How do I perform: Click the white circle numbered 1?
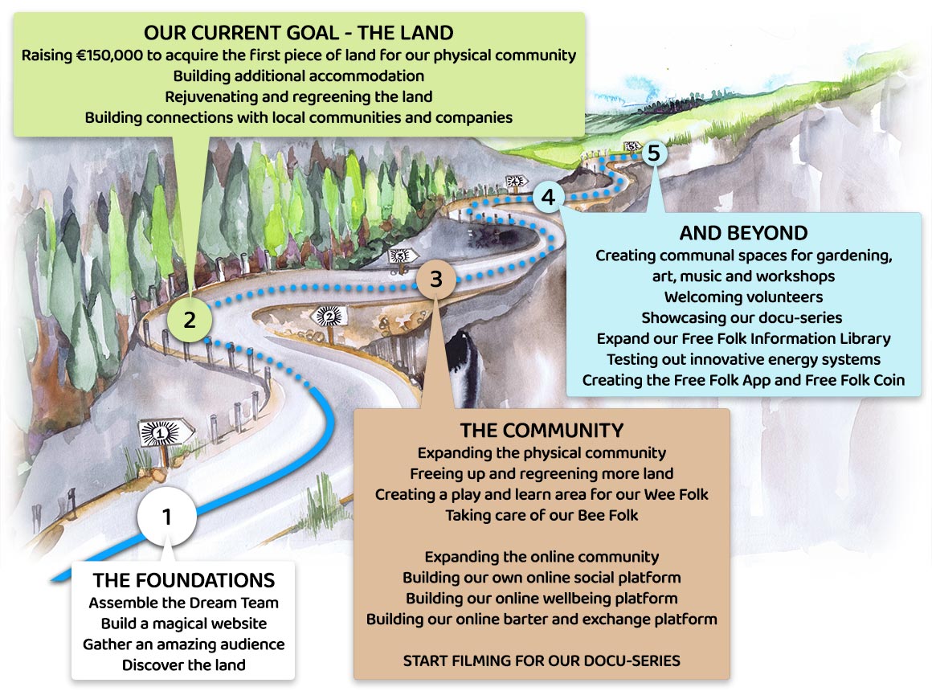point(166,517)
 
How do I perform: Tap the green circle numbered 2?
point(190,320)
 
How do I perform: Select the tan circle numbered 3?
point(435,280)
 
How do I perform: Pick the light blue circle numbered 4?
point(548,195)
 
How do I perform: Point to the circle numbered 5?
point(653,152)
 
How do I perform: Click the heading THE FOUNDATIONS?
point(183,580)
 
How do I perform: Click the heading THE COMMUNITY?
point(542,429)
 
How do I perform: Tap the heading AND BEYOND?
point(743,234)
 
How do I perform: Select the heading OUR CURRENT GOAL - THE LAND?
point(298,33)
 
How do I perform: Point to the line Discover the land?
point(183,664)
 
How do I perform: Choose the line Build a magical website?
point(183,623)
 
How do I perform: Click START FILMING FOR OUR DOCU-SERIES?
point(542,660)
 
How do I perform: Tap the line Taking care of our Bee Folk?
point(542,515)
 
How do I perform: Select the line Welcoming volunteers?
point(743,296)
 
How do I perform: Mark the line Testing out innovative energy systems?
point(743,359)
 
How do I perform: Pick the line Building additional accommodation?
point(298,76)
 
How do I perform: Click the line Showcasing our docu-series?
point(743,317)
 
